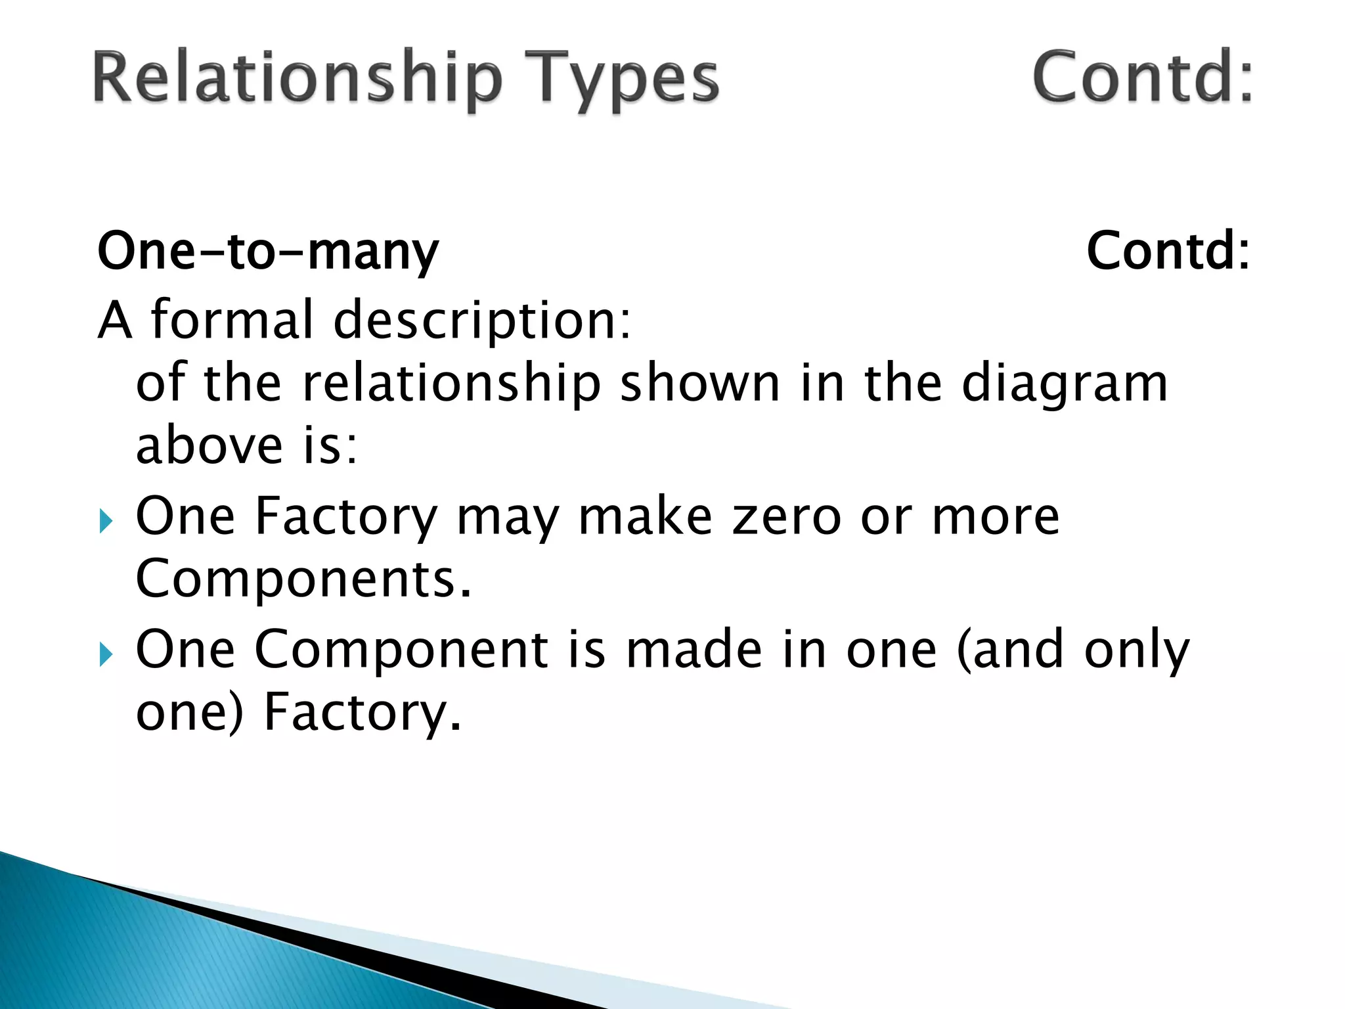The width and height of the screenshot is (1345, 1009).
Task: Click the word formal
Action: (x=232, y=319)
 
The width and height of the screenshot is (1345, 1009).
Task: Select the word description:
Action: (x=483, y=321)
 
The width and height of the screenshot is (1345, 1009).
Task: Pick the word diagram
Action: (x=1065, y=384)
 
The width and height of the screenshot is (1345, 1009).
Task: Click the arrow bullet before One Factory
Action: (x=106, y=523)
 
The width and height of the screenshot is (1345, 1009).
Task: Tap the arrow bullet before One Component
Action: (x=106, y=655)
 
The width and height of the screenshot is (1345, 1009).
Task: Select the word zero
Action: (x=787, y=516)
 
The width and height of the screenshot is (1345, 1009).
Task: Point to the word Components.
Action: (x=303, y=579)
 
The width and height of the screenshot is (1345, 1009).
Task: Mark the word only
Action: (x=1136, y=650)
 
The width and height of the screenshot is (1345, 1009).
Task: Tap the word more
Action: (x=996, y=518)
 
